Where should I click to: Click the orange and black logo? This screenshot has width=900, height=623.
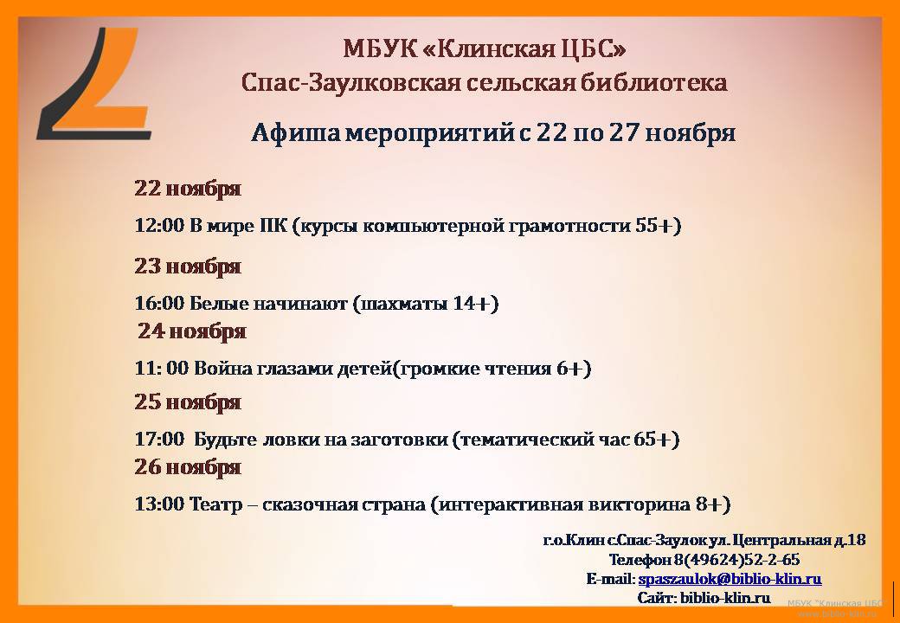[x=94, y=83]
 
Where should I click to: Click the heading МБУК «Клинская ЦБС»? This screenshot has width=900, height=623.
[x=485, y=49]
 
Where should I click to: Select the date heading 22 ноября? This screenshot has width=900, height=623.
[x=188, y=189]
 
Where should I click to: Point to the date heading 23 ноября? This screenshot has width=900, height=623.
[x=188, y=267]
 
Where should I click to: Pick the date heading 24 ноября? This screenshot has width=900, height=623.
[x=192, y=331]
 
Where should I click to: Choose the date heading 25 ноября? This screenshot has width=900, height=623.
[x=188, y=402]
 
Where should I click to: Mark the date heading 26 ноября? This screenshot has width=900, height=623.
[x=188, y=467]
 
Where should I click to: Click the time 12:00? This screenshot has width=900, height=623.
[x=159, y=226]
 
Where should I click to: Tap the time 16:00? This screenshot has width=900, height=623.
[x=159, y=304]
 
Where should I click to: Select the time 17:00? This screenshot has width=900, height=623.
[x=159, y=440]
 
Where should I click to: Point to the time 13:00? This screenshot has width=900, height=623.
[x=159, y=504]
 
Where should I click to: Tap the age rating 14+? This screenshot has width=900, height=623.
[x=472, y=304]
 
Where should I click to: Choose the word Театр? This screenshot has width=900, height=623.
[x=215, y=505]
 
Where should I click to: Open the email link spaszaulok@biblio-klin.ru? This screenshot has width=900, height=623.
[x=730, y=579]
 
